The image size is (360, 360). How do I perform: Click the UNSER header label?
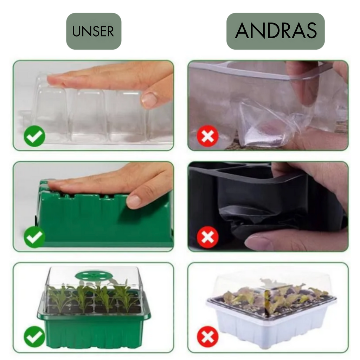point(94,31)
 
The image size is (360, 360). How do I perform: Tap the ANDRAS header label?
point(276,31)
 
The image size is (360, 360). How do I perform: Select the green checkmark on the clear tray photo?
point(34,136)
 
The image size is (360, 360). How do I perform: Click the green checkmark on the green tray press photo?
point(34,237)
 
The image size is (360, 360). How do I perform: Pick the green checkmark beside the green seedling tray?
point(34,336)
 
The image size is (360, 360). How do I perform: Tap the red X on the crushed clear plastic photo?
point(208,136)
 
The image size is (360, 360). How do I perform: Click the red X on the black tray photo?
point(208,237)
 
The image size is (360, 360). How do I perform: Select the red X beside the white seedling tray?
point(208,337)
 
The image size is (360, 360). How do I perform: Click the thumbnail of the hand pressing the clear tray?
point(94,105)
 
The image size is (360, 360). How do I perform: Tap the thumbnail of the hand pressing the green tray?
point(94,207)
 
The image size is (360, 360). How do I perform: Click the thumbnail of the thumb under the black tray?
point(268,207)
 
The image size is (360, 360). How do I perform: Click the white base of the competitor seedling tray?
point(271,321)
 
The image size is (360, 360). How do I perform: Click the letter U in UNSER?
point(76,31)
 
